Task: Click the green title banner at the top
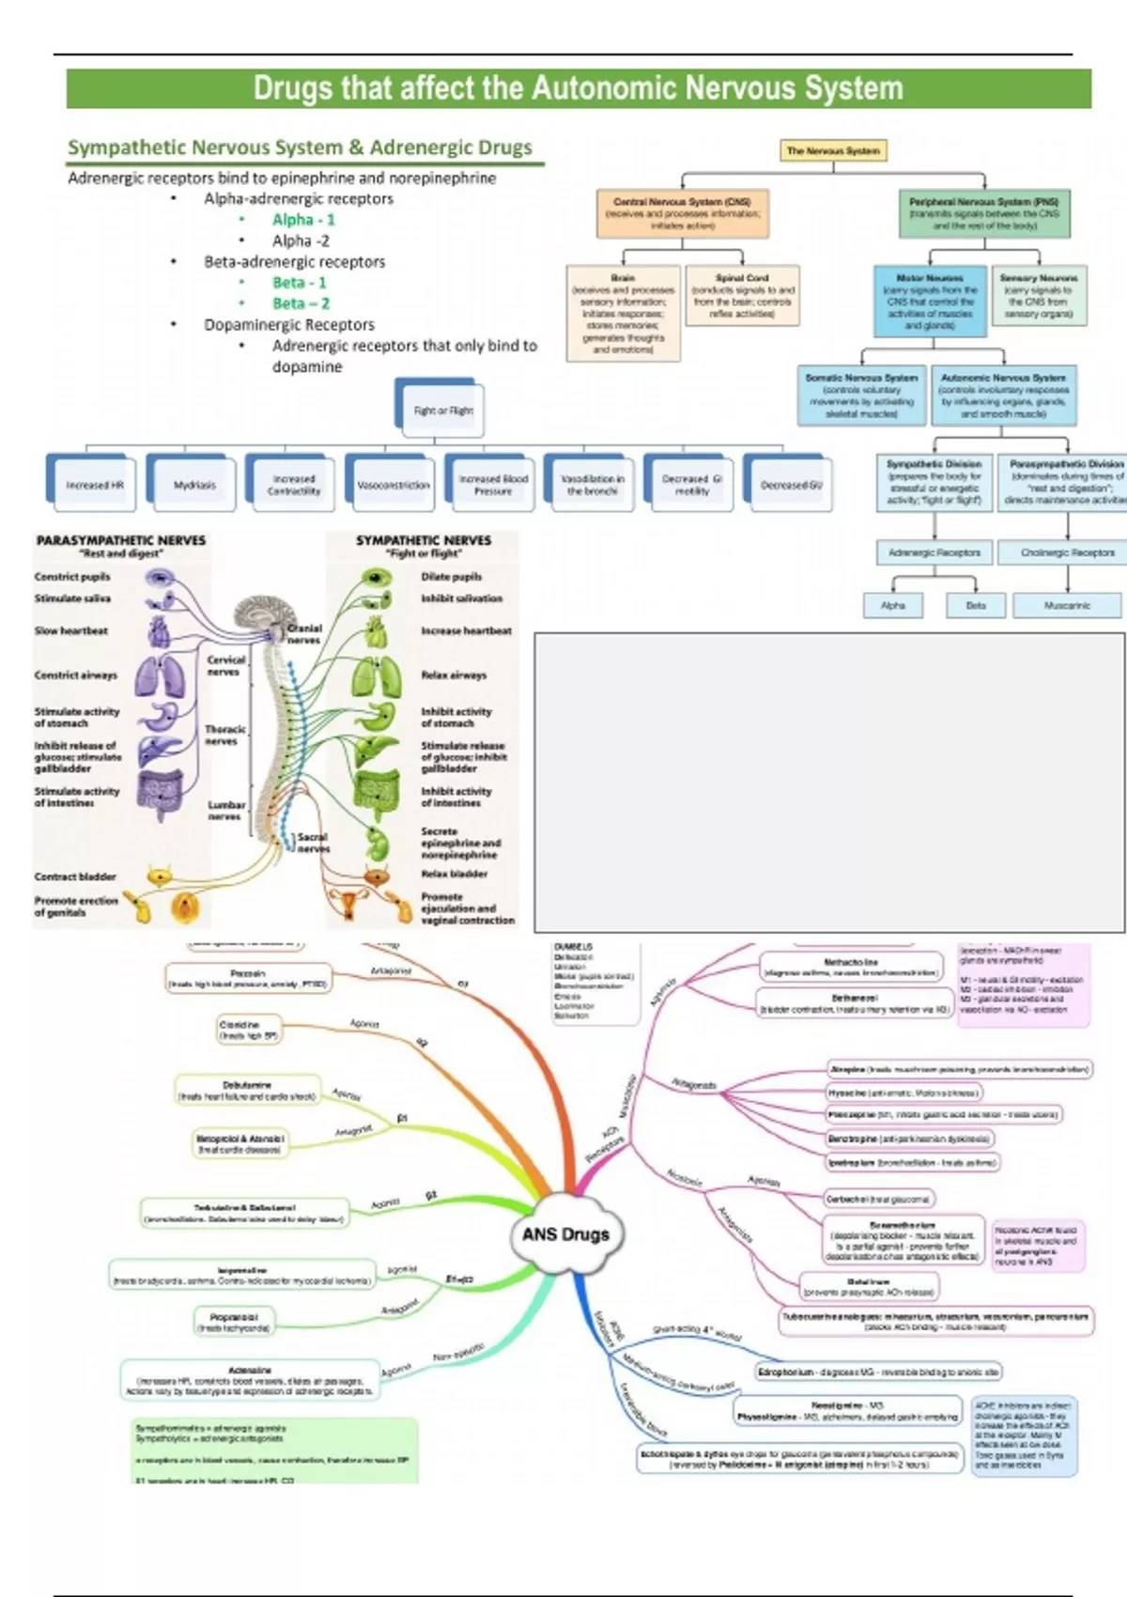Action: (578, 88)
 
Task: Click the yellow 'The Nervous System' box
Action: (833, 150)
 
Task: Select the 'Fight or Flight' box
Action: (442, 411)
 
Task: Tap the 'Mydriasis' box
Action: (194, 485)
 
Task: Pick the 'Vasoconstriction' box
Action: (394, 485)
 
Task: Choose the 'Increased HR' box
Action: (94, 485)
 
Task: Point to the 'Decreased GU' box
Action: (791, 485)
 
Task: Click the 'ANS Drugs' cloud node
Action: (565, 1233)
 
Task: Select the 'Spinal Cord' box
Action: (742, 296)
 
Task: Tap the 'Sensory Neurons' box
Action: (1038, 296)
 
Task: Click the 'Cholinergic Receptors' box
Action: (1067, 552)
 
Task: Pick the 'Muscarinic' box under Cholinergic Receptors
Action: (1067, 605)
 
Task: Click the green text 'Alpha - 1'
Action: (303, 219)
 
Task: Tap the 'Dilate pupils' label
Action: (451, 576)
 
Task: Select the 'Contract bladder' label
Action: (75, 876)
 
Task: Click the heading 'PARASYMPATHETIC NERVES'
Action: (120, 540)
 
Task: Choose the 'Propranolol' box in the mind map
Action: (235, 1322)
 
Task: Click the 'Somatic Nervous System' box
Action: (861, 395)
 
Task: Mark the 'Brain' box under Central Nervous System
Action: (623, 314)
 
